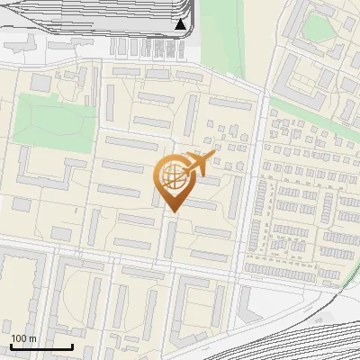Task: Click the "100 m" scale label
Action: coord(23,338)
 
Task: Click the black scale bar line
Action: coord(41,346)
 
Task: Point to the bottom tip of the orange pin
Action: coord(174,212)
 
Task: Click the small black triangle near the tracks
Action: coord(181,24)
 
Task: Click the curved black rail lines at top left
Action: coord(54,18)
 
